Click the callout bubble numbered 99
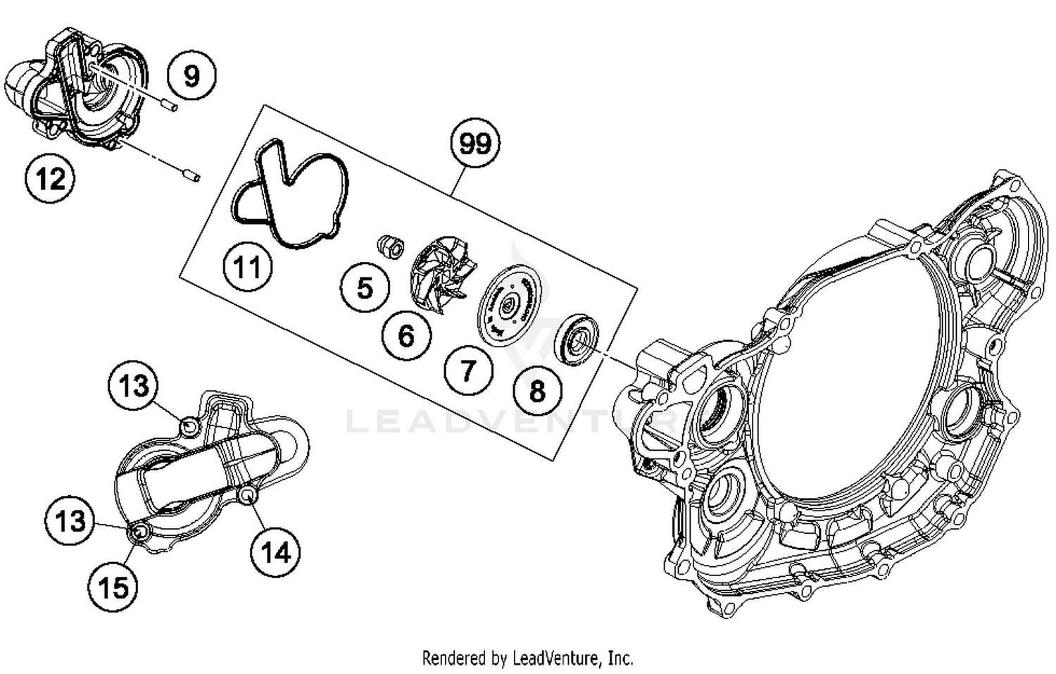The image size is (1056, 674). point(474,143)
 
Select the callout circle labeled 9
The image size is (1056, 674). point(191,75)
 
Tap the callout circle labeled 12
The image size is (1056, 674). point(50,179)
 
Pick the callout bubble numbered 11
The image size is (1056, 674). point(247,268)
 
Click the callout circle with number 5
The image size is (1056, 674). point(364,288)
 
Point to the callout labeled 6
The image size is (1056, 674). point(406,336)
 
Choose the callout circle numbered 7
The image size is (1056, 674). point(468,370)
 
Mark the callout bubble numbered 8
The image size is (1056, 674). point(537,390)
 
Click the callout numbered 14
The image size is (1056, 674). point(275,552)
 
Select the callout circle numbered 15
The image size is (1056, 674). point(113,587)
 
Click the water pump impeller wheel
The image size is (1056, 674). point(441,275)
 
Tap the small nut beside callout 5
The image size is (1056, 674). point(389,246)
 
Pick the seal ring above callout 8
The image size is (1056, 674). point(577,337)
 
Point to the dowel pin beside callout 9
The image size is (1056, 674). point(168,106)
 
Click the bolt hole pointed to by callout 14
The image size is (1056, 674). point(247,497)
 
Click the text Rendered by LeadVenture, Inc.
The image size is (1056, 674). point(527,659)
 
